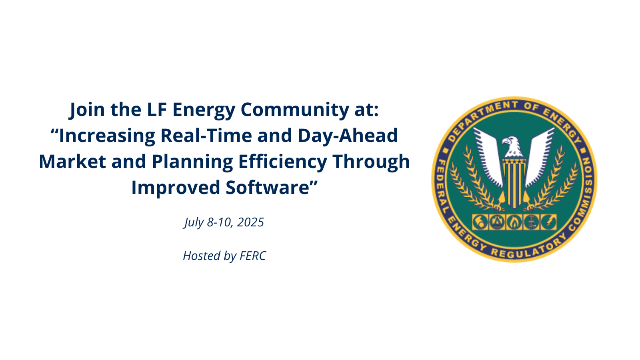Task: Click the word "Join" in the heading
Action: tap(87, 110)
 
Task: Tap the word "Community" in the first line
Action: tap(294, 110)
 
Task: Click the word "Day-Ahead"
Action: tap(348, 136)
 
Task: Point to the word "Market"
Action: tap(72, 162)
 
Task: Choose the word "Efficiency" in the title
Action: tap(282, 162)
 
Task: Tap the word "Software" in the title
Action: tap(268, 188)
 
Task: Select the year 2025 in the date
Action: tap(250, 222)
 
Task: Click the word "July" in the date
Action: tap(194, 222)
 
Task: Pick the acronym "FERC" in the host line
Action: tap(253, 256)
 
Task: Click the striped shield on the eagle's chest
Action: tap(514, 183)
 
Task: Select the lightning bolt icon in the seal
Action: tap(548, 222)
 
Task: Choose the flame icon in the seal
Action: tap(514, 222)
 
